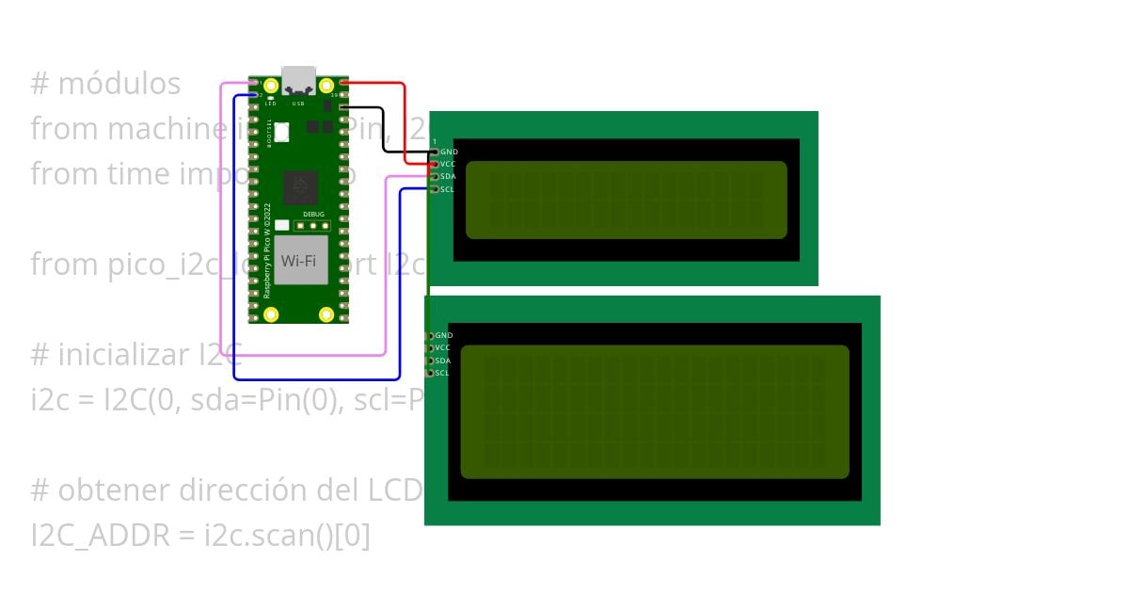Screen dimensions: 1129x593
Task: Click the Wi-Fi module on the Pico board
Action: (x=298, y=260)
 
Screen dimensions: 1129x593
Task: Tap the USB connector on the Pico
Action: (x=298, y=79)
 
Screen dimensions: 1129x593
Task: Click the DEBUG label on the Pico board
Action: (x=313, y=215)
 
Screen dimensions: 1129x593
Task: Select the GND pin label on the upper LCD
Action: (x=449, y=152)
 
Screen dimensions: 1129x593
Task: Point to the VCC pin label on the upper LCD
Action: (x=448, y=164)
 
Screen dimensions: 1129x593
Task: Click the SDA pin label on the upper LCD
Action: (x=448, y=176)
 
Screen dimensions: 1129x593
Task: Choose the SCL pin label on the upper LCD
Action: (x=447, y=189)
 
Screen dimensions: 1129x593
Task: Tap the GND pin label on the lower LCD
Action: (x=444, y=335)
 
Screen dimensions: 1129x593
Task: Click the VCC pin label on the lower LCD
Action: (x=443, y=347)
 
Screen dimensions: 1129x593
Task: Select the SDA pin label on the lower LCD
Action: (x=443, y=361)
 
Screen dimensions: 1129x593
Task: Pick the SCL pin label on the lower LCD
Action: (x=442, y=373)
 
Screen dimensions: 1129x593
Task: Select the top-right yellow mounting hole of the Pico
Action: (x=326, y=86)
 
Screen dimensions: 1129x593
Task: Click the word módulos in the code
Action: (x=119, y=84)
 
